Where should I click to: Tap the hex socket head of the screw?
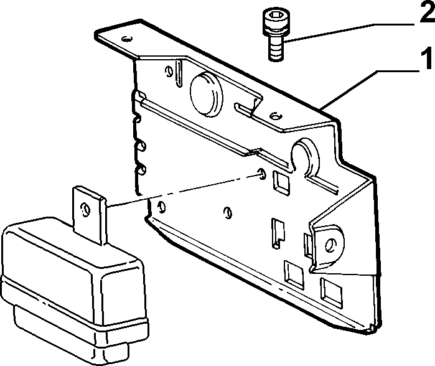pyautogui.click(x=276, y=17)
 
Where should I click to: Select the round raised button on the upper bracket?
pyautogui.click(x=206, y=94)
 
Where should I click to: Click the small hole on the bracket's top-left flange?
pyautogui.click(x=126, y=39)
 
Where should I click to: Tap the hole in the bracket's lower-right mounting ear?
pyautogui.click(x=330, y=245)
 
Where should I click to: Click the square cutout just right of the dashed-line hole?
pyautogui.click(x=281, y=182)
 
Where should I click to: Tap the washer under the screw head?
pyautogui.click(x=276, y=30)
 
